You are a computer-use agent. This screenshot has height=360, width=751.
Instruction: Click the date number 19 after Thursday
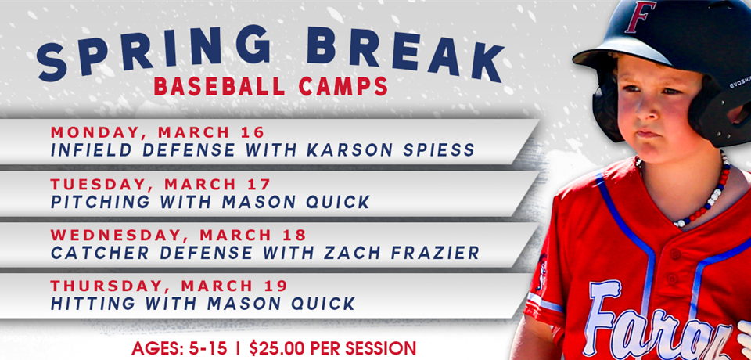pyautogui.click(x=278, y=286)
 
